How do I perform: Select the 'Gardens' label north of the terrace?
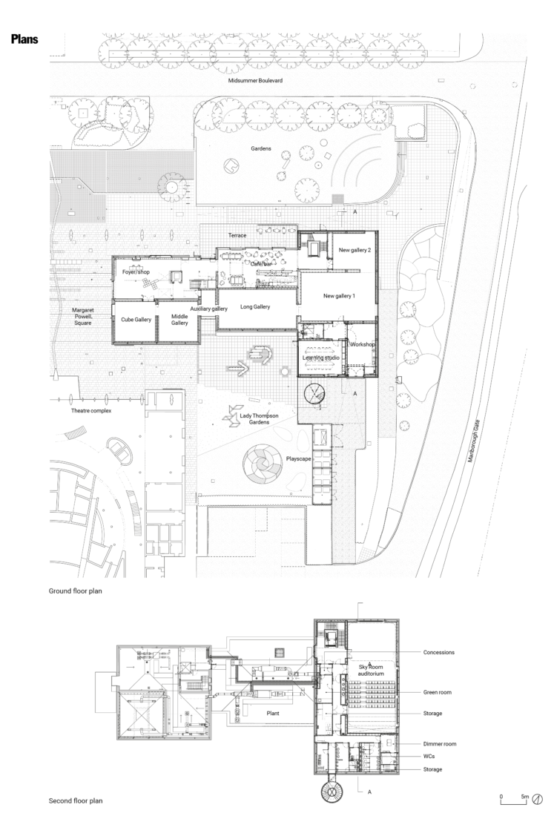coord(260,148)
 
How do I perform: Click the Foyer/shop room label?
coord(136,272)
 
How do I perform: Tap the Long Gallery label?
coord(255,306)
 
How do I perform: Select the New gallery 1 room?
coord(339,296)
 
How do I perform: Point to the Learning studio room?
coord(320,358)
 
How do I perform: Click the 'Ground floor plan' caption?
coord(75,591)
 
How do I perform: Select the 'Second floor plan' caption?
coord(76,801)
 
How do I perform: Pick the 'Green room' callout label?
coord(438,692)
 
